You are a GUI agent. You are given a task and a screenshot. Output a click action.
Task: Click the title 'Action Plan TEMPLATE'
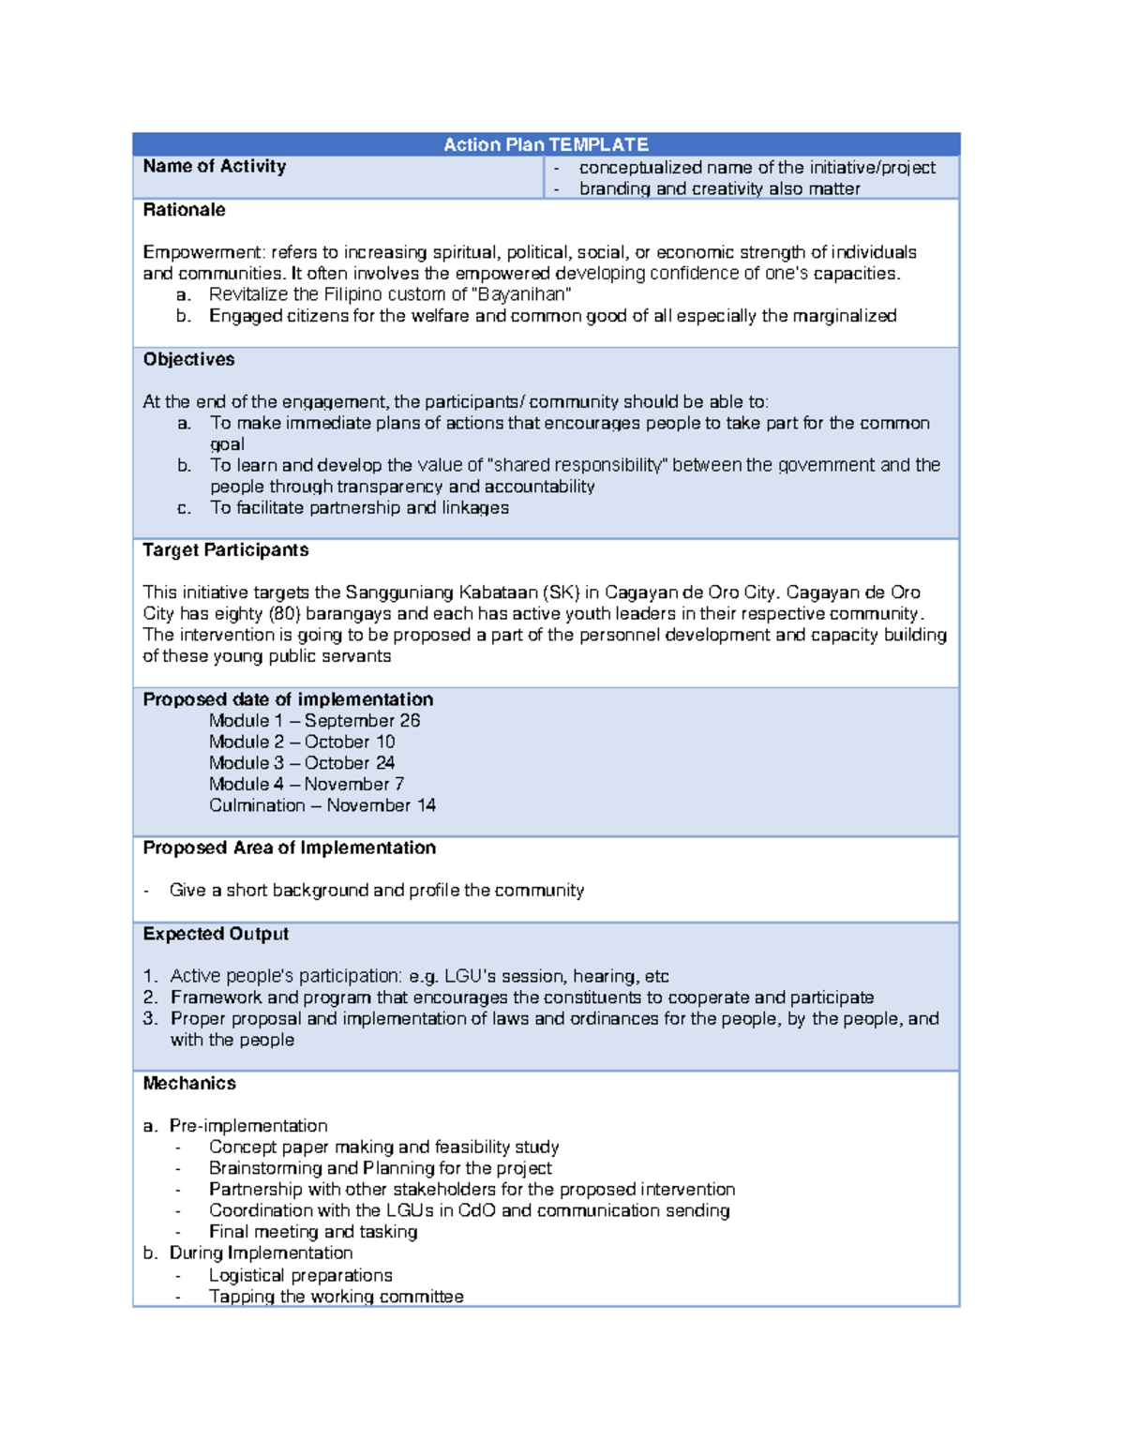(x=546, y=144)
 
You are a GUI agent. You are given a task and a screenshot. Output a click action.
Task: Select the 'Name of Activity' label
(x=214, y=166)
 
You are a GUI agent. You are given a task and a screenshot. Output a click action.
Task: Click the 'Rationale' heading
(x=184, y=210)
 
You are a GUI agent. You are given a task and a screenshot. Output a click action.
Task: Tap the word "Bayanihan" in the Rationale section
(x=521, y=294)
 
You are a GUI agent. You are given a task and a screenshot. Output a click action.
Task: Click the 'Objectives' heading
(x=188, y=359)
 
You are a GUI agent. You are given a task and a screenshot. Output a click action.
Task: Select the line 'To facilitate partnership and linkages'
(x=359, y=508)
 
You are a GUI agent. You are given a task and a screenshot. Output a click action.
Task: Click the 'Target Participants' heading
(x=225, y=550)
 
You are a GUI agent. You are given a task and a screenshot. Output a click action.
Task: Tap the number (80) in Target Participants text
(x=284, y=614)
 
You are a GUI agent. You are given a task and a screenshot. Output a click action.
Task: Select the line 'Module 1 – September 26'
(x=314, y=721)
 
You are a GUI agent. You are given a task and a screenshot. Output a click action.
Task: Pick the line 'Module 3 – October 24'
(x=301, y=763)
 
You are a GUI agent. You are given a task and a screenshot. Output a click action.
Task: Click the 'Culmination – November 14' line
(x=322, y=805)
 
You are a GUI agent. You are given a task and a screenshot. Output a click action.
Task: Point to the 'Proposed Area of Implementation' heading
(x=289, y=848)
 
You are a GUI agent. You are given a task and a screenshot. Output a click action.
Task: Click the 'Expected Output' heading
(x=216, y=934)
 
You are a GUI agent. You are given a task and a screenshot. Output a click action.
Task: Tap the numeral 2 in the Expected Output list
(x=150, y=998)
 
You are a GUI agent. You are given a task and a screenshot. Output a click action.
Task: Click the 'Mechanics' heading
(x=189, y=1083)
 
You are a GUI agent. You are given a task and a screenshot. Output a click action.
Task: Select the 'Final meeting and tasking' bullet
(x=313, y=1232)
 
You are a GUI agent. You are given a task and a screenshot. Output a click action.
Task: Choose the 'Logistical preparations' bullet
(x=300, y=1275)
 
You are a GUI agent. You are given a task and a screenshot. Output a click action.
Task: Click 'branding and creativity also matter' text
(x=719, y=188)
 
